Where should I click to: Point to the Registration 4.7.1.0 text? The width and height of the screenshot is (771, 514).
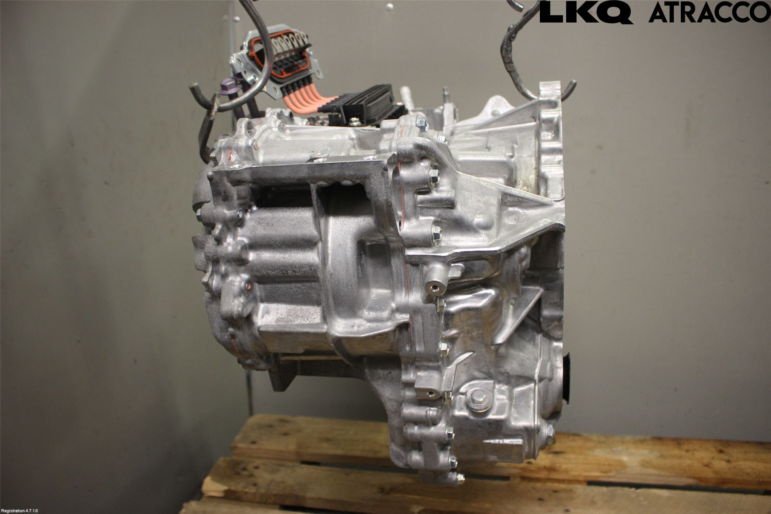click(19, 511)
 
